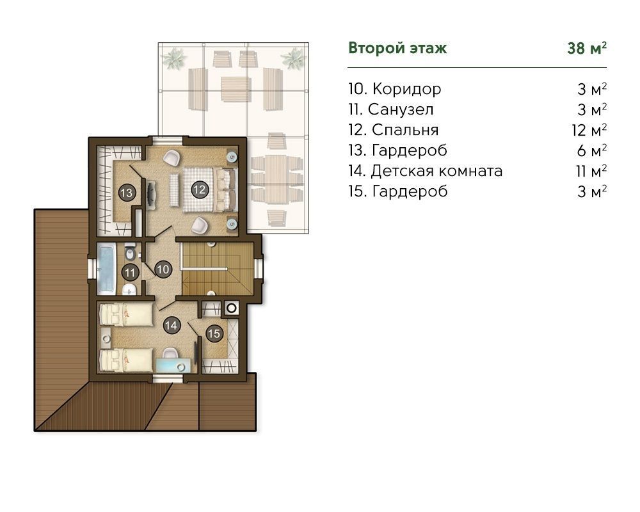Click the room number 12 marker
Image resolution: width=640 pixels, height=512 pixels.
(199, 189)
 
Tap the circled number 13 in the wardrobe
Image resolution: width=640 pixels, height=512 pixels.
(127, 192)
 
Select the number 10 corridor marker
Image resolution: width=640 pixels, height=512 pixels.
(163, 269)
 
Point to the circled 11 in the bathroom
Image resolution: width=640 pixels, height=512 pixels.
(130, 273)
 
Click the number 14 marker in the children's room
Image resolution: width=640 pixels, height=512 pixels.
(172, 325)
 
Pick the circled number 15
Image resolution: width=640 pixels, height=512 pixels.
(214, 333)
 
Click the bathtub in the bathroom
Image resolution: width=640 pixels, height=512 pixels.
(106, 269)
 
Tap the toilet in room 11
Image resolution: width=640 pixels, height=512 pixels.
(130, 253)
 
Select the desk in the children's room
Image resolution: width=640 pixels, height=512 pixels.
(173, 365)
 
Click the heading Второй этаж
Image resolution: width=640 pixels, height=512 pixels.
(397, 48)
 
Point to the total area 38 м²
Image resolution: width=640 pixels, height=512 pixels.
(586, 48)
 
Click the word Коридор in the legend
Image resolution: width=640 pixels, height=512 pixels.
(406, 90)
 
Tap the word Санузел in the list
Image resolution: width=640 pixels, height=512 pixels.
(401, 110)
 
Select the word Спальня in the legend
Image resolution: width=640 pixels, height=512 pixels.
(405, 131)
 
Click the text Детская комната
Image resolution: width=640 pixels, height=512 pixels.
(436, 171)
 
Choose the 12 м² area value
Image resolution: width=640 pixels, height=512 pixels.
(589, 131)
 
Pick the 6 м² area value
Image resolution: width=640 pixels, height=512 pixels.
(592, 150)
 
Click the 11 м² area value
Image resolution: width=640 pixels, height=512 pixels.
(591, 171)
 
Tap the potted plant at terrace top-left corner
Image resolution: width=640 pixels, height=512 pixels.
(174, 58)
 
